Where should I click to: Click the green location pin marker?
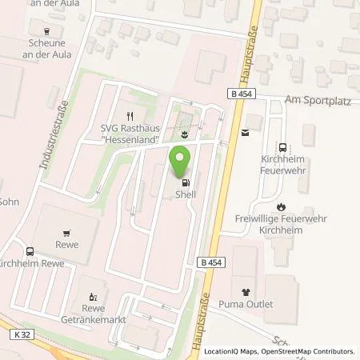pyautogui.click(x=182, y=161)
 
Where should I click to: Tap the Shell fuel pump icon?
pyautogui.click(x=186, y=181)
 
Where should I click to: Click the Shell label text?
pyautogui.click(x=186, y=194)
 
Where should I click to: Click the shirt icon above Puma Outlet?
pyautogui.click(x=244, y=291)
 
